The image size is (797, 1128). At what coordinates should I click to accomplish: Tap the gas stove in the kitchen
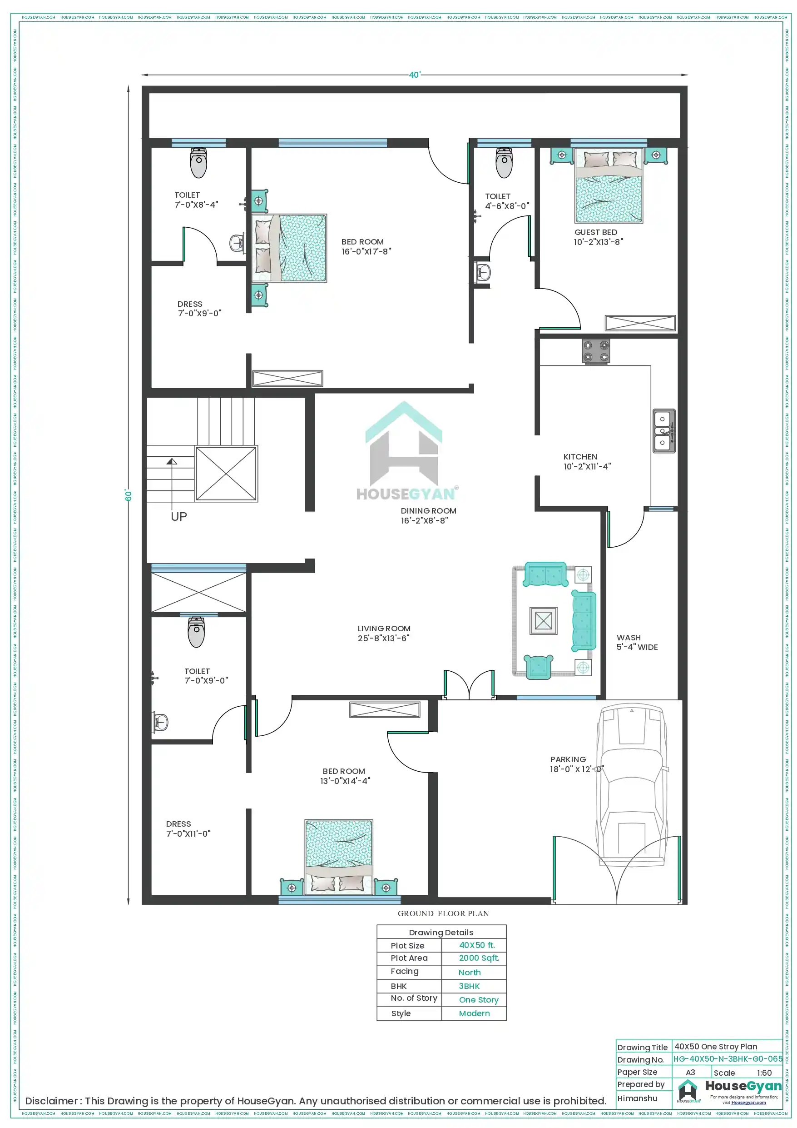[596, 351]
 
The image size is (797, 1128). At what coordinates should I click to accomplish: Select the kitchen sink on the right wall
[663, 431]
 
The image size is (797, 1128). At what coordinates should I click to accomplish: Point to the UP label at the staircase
[179, 516]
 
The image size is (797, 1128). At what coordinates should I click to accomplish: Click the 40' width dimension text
[415, 75]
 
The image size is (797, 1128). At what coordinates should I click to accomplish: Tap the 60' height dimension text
[129, 495]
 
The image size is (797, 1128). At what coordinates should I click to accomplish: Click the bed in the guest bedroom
[609, 186]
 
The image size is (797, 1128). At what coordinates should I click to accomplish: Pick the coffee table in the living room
[543, 621]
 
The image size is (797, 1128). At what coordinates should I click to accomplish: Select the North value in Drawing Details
[470, 972]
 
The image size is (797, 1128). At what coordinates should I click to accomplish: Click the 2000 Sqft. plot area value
[479, 958]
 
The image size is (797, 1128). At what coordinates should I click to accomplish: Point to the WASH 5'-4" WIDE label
[636, 642]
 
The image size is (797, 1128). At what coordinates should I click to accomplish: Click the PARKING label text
[568, 759]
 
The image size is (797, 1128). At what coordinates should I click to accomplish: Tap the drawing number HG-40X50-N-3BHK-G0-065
[727, 1059]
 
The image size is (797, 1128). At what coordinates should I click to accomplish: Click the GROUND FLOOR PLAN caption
[443, 913]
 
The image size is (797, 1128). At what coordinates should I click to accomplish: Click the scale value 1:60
[764, 1073]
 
